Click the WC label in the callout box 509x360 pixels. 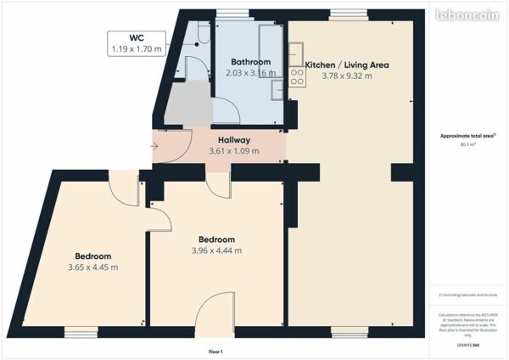click(x=136, y=38)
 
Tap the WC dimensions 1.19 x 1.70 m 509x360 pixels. click(x=136, y=50)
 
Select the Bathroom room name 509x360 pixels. click(x=251, y=62)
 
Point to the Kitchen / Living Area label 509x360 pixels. click(x=346, y=65)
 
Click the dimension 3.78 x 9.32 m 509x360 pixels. click(x=346, y=76)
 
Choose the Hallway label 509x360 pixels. click(x=233, y=140)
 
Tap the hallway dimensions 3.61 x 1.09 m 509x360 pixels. click(x=233, y=152)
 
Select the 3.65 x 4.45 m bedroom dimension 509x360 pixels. click(x=92, y=267)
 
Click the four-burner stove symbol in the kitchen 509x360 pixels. click(x=297, y=77)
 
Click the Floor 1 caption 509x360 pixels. click(x=215, y=351)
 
